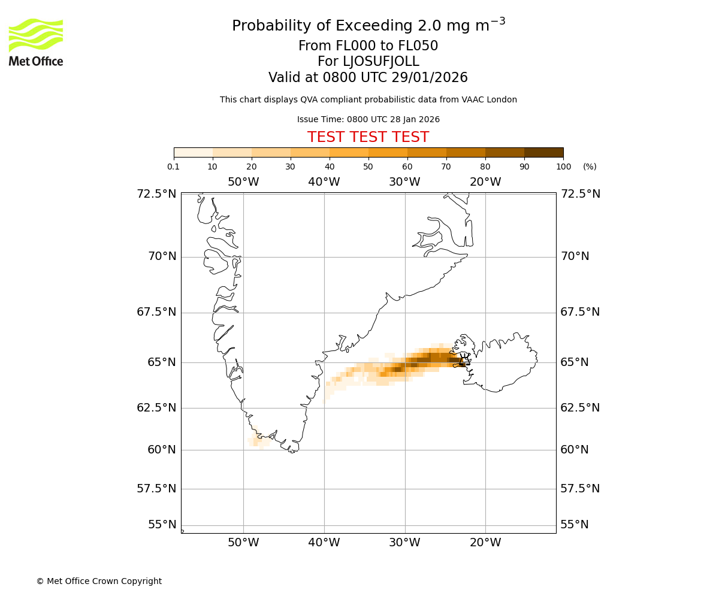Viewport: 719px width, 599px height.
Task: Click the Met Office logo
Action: (x=36, y=42)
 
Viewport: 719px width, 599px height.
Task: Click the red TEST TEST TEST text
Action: (x=368, y=137)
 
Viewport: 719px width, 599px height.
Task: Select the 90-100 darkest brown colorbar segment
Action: (x=543, y=152)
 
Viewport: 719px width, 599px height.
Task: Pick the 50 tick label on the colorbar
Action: (x=368, y=167)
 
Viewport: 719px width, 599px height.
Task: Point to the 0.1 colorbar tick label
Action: (x=174, y=167)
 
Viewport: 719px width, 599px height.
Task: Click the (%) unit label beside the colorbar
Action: (x=590, y=167)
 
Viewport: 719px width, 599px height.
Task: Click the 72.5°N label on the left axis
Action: (x=157, y=193)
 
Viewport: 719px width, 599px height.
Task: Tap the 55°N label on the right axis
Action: (x=575, y=525)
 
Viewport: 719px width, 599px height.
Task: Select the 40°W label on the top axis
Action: (x=324, y=182)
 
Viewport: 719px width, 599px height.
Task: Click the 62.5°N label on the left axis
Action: (x=157, y=408)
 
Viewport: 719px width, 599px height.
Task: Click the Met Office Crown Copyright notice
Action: (x=99, y=581)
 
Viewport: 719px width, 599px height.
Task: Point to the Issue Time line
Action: (x=368, y=119)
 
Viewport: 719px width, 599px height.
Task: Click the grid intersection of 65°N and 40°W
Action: (x=324, y=362)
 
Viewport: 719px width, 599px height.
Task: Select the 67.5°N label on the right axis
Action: (x=580, y=312)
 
